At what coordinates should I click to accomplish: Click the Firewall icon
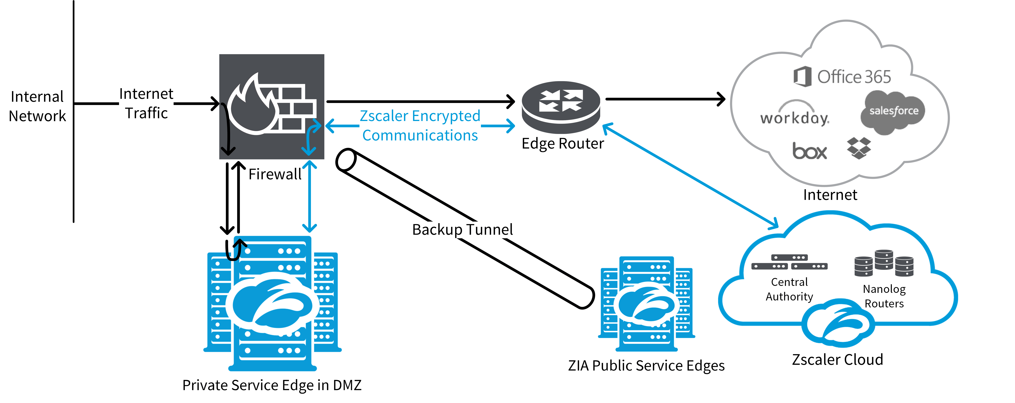(x=272, y=106)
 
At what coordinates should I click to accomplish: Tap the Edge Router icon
(x=561, y=106)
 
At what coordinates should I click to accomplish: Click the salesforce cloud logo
(x=893, y=112)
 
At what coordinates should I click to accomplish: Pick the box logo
(x=809, y=151)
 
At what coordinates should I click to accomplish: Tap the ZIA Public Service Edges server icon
(x=646, y=304)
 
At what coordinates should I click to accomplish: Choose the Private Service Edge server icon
(x=272, y=304)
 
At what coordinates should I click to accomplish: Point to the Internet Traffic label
(x=146, y=103)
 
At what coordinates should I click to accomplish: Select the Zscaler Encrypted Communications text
(x=420, y=125)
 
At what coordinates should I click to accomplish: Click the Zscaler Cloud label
(x=837, y=360)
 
